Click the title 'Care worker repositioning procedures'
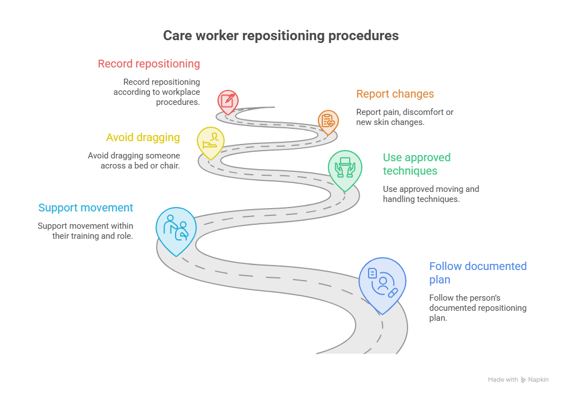tap(280, 36)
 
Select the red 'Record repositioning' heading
tap(149, 64)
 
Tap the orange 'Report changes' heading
tap(395, 94)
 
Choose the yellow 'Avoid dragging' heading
tap(143, 137)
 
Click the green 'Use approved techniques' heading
tap(417, 164)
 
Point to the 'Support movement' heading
tap(86, 208)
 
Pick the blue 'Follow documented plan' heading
tap(478, 273)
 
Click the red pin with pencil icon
tap(228, 102)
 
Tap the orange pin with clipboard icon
tap(328, 122)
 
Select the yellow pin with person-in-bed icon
tap(211, 143)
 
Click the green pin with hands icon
tap(345, 170)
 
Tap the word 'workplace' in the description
tap(181, 92)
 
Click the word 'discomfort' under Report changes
tap(423, 112)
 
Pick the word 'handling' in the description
tap(398, 199)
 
